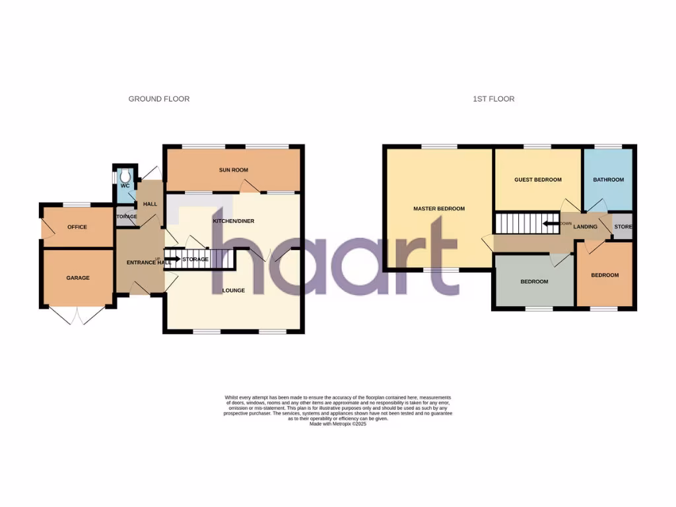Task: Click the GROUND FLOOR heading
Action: (x=158, y=99)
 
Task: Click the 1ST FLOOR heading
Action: (x=493, y=99)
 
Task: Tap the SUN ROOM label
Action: (x=234, y=170)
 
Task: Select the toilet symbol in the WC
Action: (x=125, y=176)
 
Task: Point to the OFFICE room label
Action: (x=77, y=227)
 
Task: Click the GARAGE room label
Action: (x=77, y=278)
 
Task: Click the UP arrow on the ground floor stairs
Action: (x=172, y=259)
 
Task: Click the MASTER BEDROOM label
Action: (x=439, y=209)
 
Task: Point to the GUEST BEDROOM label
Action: (x=538, y=180)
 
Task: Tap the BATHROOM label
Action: (x=608, y=180)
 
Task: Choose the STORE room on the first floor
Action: (x=623, y=227)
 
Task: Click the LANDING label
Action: (x=586, y=227)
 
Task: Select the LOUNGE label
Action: (x=234, y=290)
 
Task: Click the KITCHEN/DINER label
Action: (x=234, y=220)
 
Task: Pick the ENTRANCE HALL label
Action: (x=149, y=263)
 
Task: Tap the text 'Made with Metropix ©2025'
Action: (x=338, y=424)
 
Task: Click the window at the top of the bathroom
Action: (x=608, y=146)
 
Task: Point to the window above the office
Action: (x=77, y=203)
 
